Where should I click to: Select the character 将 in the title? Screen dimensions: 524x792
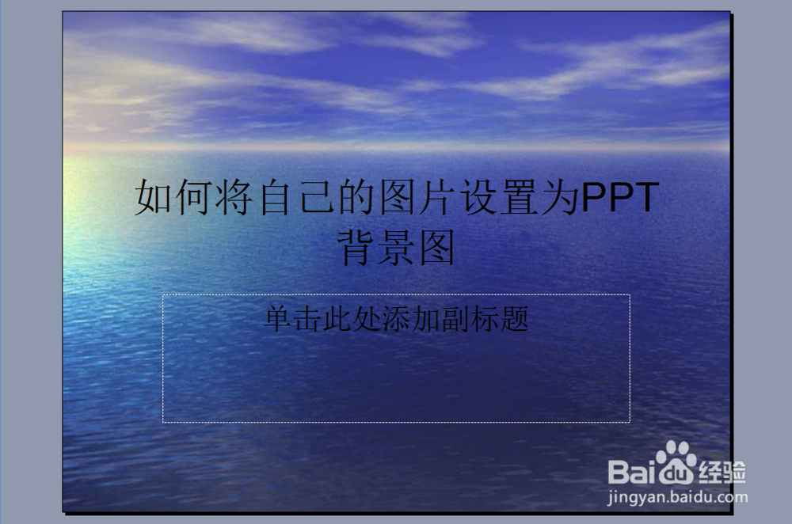click(235, 197)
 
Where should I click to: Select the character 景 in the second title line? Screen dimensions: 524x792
click(398, 248)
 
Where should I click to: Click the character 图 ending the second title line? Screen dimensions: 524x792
click(439, 248)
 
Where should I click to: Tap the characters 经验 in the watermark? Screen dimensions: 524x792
click(722, 472)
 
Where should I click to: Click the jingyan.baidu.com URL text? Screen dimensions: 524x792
click(676, 498)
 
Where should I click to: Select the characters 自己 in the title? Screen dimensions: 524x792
click(297, 197)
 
